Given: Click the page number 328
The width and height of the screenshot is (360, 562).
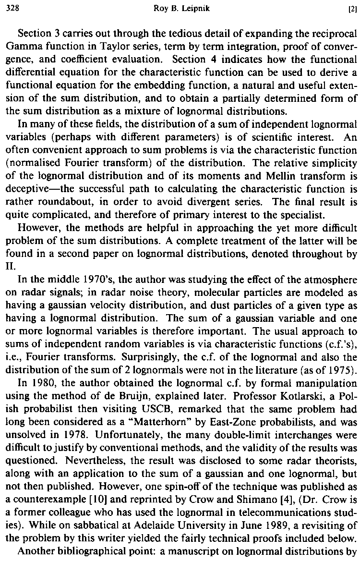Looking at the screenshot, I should click(x=10, y=7).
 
